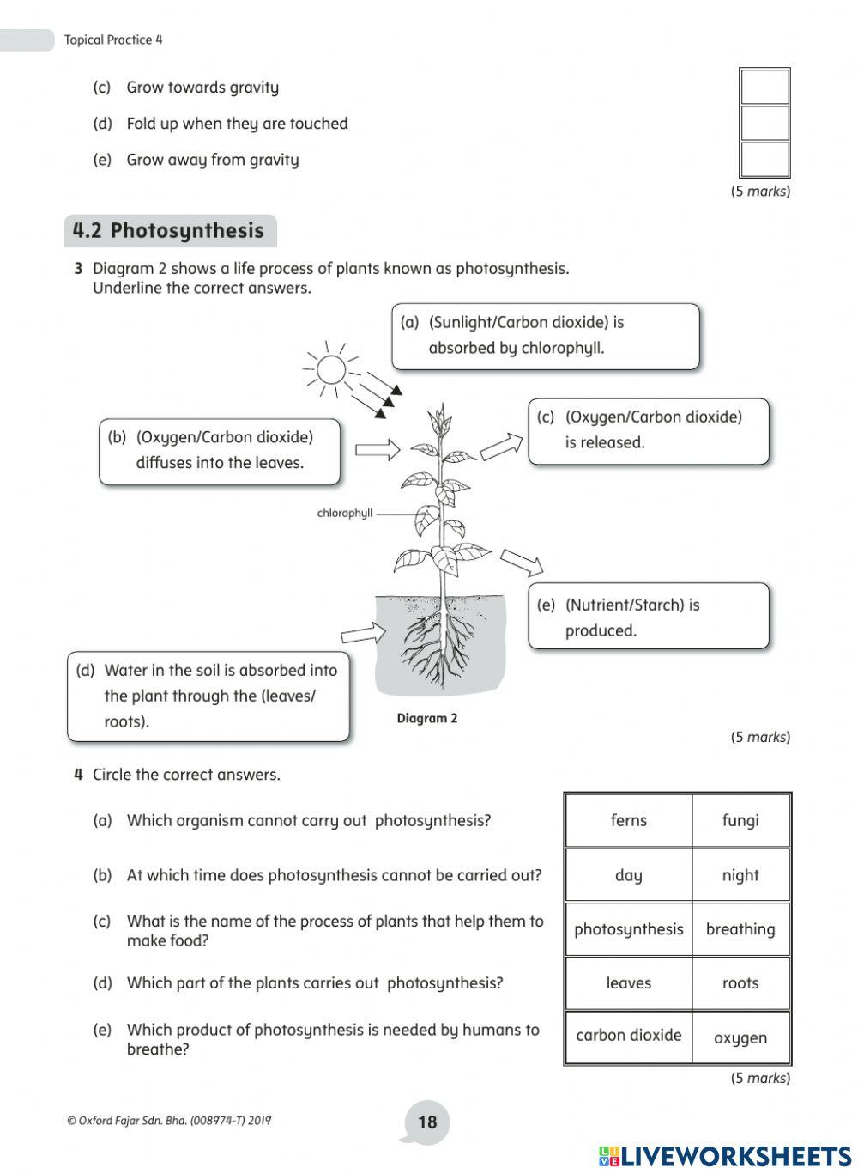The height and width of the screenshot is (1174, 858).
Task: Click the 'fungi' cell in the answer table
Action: coord(740,820)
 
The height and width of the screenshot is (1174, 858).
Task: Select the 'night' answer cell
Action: coord(740,875)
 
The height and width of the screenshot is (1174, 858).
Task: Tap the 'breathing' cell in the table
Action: coord(740,929)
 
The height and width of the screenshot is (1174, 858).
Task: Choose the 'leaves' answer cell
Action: coord(628,983)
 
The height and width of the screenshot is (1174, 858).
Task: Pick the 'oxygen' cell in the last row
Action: coord(740,1037)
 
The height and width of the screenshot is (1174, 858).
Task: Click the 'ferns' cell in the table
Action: coord(628,820)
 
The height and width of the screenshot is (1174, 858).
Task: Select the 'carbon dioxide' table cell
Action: coord(628,1036)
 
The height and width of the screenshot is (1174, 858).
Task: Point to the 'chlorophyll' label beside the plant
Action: coord(345,514)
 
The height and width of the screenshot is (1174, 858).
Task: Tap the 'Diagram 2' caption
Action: coord(427,718)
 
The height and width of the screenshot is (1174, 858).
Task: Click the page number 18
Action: coord(427,1122)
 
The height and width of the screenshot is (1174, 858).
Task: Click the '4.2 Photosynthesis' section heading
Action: coord(169,231)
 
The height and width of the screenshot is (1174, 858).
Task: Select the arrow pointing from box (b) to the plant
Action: coord(378,449)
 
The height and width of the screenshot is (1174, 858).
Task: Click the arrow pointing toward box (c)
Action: coord(501,447)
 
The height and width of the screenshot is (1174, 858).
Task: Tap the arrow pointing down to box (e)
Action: coord(522,563)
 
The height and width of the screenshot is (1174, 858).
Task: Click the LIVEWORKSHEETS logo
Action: coord(725,1156)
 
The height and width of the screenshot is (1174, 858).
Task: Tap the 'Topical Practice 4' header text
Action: coord(113,40)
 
